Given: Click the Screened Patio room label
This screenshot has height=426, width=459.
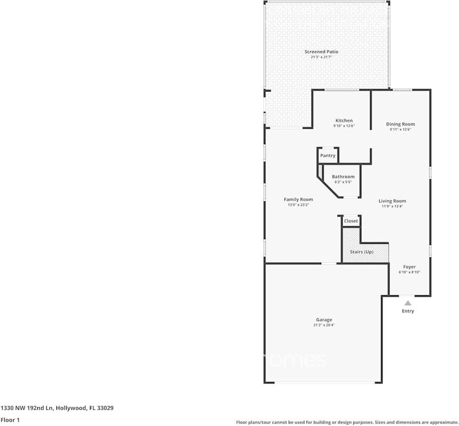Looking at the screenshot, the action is (x=322, y=52).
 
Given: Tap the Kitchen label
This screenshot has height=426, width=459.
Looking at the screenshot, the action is (x=344, y=120).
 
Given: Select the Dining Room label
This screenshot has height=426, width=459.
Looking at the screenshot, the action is (x=401, y=124).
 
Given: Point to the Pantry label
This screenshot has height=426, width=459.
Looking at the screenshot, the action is (x=328, y=156).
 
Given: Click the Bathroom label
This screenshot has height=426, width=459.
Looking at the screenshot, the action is (x=343, y=177).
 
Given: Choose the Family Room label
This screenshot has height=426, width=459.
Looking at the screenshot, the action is (x=298, y=199).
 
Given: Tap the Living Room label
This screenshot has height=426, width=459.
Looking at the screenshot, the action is (x=392, y=201).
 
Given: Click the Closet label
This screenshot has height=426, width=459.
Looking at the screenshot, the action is (x=351, y=221).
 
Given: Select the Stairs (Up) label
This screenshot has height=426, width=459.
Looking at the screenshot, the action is (x=362, y=252).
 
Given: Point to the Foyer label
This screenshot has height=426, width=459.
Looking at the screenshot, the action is (x=409, y=267).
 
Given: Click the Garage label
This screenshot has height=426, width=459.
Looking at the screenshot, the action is (x=324, y=320).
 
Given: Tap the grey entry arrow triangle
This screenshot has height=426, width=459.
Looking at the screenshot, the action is (x=408, y=303).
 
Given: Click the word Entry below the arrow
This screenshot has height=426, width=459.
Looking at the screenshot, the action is (x=408, y=311).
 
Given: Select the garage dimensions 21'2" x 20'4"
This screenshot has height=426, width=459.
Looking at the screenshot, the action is (x=324, y=325).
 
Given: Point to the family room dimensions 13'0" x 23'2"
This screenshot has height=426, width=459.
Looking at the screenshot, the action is (x=298, y=205).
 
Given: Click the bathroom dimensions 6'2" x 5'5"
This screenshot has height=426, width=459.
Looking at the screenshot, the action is (x=343, y=182).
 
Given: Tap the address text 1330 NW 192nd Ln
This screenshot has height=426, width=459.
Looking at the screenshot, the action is (x=27, y=408).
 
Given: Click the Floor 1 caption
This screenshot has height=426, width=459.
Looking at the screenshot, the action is (x=10, y=420).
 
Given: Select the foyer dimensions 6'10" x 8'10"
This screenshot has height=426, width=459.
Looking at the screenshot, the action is (x=409, y=272).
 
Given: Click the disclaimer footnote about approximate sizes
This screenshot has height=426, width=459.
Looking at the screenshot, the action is (x=347, y=422).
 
